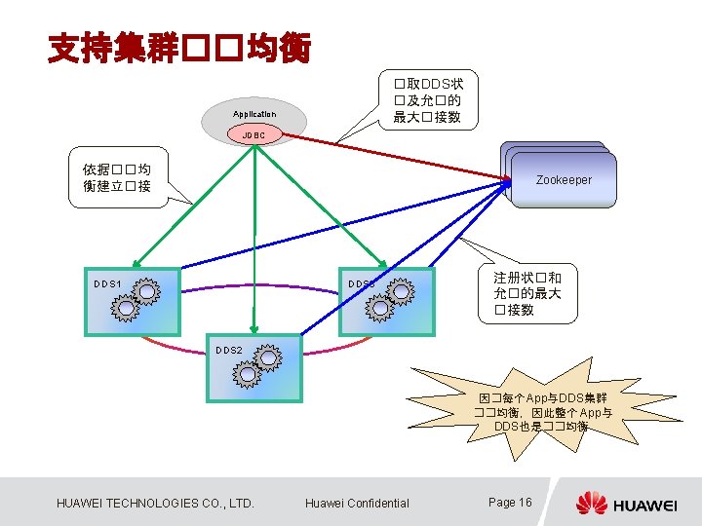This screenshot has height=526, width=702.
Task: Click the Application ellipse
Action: (x=254, y=113)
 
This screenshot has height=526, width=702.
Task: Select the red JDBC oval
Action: (x=253, y=133)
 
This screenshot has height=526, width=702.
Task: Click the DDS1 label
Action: (x=107, y=284)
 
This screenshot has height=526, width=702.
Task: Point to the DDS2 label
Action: (x=229, y=349)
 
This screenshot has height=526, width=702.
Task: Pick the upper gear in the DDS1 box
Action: (x=147, y=290)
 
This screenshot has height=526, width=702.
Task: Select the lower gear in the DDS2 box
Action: (x=248, y=373)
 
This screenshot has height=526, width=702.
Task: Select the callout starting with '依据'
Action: (x=116, y=177)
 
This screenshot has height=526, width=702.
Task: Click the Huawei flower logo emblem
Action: (x=591, y=503)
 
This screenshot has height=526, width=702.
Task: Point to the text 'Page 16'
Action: (x=510, y=503)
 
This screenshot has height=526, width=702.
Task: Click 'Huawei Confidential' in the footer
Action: (x=357, y=504)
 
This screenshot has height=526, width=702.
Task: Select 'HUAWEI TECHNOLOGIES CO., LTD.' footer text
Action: (x=156, y=504)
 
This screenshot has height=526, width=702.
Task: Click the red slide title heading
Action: (x=179, y=46)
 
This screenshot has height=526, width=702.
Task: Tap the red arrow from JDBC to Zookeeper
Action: (x=390, y=156)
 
